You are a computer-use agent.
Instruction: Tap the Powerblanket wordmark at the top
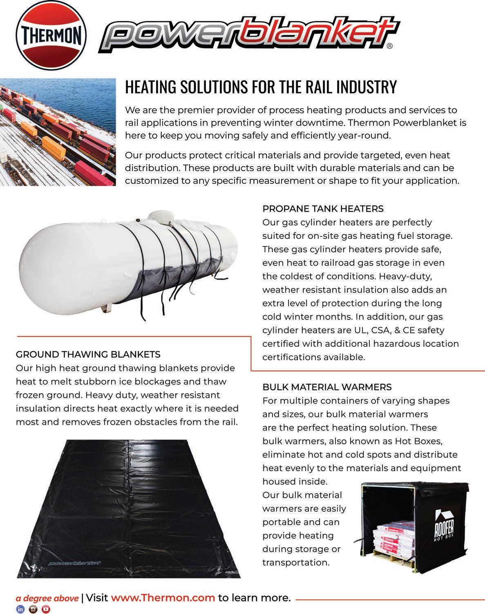249,38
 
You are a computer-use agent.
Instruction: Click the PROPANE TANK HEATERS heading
323,209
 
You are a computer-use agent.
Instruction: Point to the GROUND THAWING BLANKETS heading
88,354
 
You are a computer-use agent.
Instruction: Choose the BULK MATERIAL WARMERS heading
327,387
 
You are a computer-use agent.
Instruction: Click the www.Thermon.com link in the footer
163,598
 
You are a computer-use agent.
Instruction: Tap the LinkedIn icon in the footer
20,609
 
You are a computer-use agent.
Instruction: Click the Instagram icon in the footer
33,609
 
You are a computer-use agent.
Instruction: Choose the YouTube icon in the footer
46,609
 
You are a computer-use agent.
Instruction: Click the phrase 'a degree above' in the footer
47,598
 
